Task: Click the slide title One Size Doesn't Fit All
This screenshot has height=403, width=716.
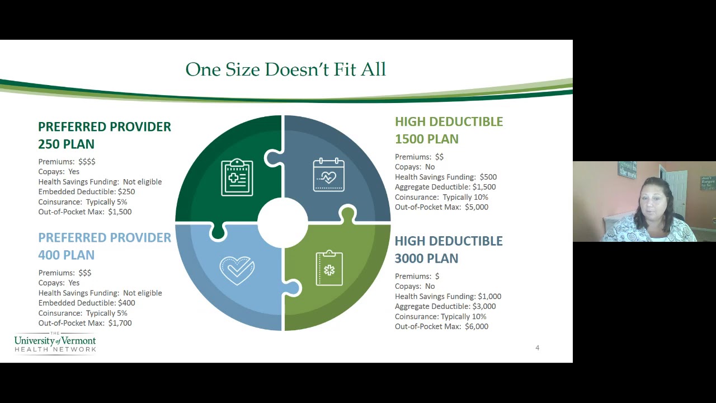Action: (x=285, y=69)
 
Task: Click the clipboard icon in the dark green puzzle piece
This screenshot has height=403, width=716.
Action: (x=237, y=178)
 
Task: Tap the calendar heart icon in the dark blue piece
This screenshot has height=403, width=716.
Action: (x=328, y=175)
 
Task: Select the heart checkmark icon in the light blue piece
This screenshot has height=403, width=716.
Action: (x=237, y=270)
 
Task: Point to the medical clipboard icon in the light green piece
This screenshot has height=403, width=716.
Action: (x=329, y=269)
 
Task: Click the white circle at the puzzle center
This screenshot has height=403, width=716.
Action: (x=282, y=222)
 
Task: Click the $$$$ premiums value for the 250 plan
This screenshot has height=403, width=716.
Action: (x=87, y=162)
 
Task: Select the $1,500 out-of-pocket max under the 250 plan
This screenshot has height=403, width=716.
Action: (x=120, y=212)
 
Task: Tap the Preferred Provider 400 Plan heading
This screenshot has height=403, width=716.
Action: (x=104, y=246)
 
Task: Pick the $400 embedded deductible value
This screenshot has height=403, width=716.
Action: (x=126, y=303)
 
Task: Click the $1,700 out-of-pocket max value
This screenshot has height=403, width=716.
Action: (x=120, y=323)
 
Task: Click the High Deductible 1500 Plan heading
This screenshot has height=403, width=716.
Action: (x=449, y=130)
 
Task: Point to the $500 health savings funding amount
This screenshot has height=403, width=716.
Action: (x=488, y=177)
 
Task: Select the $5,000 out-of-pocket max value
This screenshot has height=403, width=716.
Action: (x=477, y=207)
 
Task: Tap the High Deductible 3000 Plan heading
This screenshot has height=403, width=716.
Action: (x=448, y=250)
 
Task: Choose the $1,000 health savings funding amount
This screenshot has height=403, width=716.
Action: (x=489, y=297)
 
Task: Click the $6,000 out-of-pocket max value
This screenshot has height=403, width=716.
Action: (x=477, y=326)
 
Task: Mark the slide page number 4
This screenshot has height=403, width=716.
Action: (x=537, y=348)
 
